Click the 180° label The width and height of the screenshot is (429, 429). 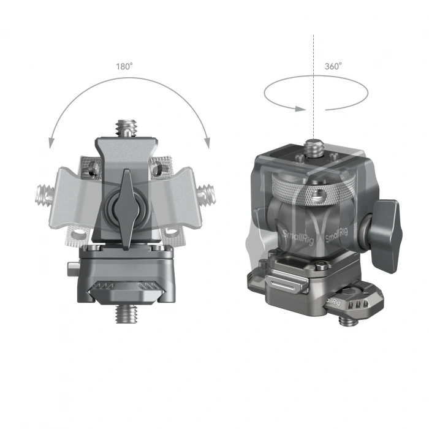click(124, 66)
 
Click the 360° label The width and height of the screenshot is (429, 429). click(333, 66)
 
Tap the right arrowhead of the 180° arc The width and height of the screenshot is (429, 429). click(207, 144)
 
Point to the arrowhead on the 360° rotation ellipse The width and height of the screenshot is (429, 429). click(299, 109)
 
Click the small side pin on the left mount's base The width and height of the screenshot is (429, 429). click(69, 268)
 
